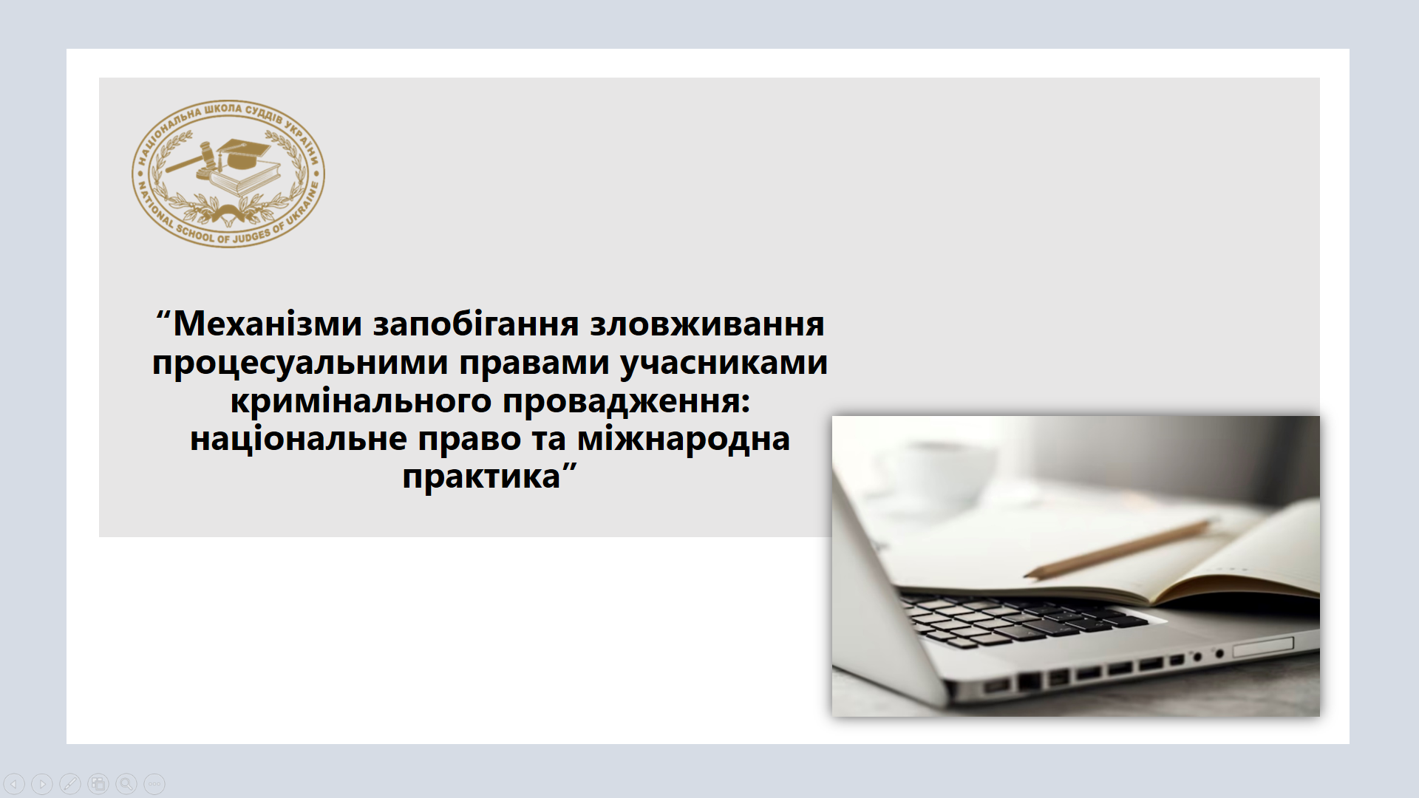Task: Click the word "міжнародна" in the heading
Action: click(x=684, y=439)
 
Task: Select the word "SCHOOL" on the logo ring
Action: click(x=194, y=233)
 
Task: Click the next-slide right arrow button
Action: click(x=42, y=784)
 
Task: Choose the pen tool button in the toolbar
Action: click(x=70, y=784)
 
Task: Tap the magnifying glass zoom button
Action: click(x=126, y=784)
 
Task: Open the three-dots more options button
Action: click(x=154, y=784)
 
